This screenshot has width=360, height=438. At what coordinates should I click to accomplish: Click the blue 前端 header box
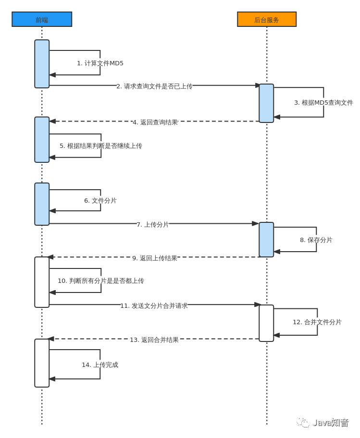coord(42,19)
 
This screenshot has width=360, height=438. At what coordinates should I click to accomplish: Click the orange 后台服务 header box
coord(267,19)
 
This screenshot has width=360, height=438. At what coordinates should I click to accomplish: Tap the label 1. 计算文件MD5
coord(100,63)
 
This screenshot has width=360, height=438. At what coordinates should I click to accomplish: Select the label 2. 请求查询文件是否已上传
coord(154,86)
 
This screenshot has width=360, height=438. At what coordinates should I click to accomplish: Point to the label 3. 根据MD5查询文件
coord(323,103)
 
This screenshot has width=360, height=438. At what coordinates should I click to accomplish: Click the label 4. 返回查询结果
coord(155,122)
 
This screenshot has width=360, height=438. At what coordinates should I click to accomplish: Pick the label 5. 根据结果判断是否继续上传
coord(101,146)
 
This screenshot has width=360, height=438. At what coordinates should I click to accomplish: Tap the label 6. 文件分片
coord(100,201)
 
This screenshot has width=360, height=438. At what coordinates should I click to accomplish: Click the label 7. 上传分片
coord(153,225)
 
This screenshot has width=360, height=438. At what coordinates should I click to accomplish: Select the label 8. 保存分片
coord(316,240)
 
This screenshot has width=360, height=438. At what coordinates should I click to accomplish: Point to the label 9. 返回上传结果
coord(155,258)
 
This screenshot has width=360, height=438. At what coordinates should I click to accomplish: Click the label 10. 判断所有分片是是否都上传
coord(101,281)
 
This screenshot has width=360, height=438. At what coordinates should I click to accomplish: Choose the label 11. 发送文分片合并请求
coord(154,306)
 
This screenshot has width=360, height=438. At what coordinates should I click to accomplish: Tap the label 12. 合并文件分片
coord(317,322)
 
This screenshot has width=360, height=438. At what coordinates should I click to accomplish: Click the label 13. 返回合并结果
coord(154,340)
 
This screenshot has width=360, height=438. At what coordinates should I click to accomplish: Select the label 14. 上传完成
coord(100,365)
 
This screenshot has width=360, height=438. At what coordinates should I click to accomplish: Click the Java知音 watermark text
coord(330,423)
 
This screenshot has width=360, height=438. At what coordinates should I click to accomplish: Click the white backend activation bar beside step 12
coord(266,323)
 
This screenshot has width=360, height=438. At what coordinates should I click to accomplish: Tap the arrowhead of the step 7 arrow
coord(256,223)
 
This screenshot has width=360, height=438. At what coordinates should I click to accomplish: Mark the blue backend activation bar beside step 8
coord(266,240)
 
